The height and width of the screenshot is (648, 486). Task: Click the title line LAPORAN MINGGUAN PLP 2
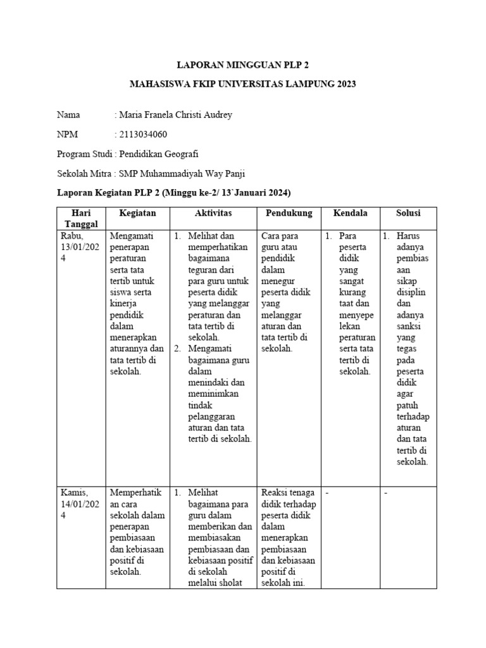[x=242, y=65]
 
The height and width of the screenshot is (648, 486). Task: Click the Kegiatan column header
[x=137, y=213]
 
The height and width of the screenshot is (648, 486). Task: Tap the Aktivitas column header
[x=213, y=213]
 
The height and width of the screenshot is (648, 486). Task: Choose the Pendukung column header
[x=289, y=213]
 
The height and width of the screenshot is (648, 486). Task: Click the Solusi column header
[x=408, y=213]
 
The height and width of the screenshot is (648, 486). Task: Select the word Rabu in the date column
[x=71, y=236]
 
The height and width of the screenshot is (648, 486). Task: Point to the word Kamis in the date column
[x=73, y=492]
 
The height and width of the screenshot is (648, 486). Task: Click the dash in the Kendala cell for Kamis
[x=327, y=492]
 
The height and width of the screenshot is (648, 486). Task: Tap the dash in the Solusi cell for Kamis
[x=385, y=492]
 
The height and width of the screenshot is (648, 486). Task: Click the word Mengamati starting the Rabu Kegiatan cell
[x=132, y=236]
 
